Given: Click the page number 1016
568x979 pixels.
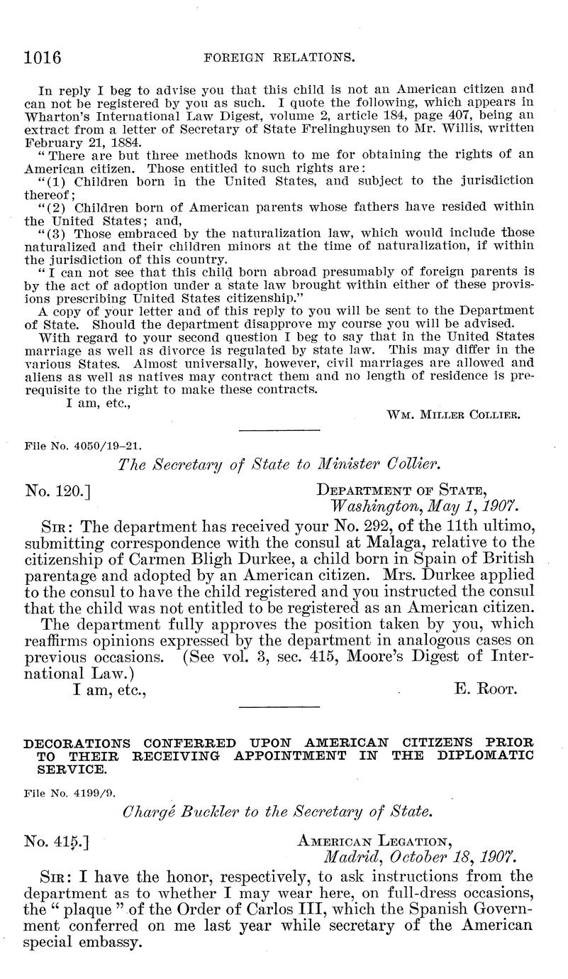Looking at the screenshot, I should pyautogui.click(x=43, y=56).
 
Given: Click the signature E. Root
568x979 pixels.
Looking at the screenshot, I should pyautogui.click(x=484, y=689).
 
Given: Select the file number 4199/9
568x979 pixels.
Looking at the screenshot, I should pyautogui.click(x=74, y=788).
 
